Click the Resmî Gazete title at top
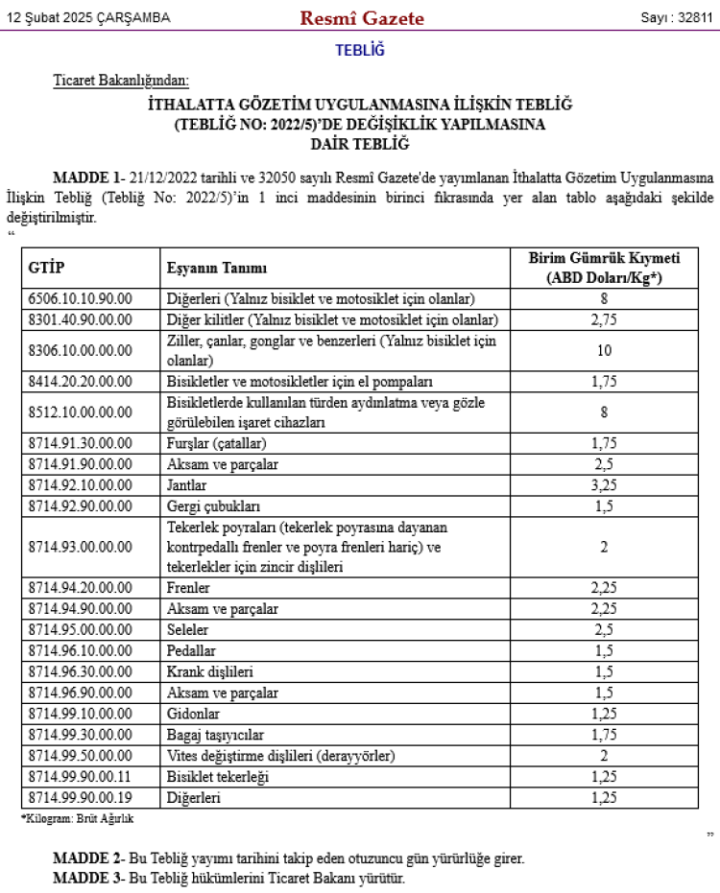[x=362, y=18]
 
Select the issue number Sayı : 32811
[x=677, y=18]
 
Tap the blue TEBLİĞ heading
[x=360, y=51]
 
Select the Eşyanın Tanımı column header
[x=217, y=268]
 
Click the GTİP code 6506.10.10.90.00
[x=81, y=298]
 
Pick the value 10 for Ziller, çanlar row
[x=604, y=350]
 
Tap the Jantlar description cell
[x=186, y=485]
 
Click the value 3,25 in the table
[x=604, y=485]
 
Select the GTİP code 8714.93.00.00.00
[x=81, y=547]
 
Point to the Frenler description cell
[x=188, y=588]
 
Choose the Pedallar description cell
[x=190, y=651]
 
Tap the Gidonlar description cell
[x=193, y=715]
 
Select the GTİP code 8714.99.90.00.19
[x=81, y=798]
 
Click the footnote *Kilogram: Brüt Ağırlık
[x=78, y=818]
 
